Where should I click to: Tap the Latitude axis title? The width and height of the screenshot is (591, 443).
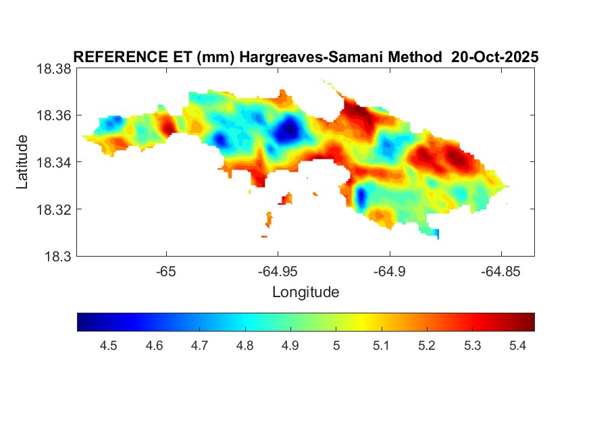click(22, 162)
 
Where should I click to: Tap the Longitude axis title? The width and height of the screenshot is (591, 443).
click(305, 292)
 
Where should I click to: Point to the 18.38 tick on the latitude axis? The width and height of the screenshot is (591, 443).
click(53, 68)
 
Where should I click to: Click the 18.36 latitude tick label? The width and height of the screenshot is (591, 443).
click(53, 115)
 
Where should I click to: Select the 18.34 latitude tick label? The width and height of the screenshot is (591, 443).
click(53, 162)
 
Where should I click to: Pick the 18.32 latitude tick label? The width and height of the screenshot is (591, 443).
click(53, 209)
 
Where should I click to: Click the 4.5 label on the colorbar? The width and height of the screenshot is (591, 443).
click(109, 346)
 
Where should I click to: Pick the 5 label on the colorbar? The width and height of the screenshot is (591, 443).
click(336, 346)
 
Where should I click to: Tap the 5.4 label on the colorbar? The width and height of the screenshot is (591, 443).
click(517, 346)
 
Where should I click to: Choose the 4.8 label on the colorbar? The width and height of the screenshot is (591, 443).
click(245, 346)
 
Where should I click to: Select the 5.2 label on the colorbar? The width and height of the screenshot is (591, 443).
click(426, 346)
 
